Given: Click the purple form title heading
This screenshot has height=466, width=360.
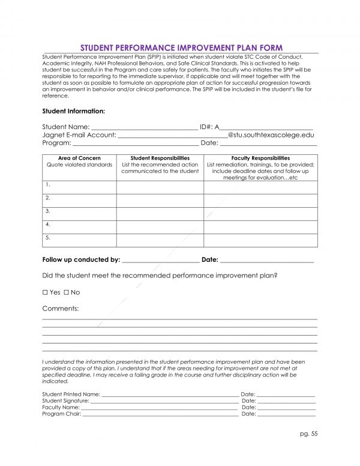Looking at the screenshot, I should point(179,47).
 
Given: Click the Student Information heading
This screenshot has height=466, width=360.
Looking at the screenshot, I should point(74,111).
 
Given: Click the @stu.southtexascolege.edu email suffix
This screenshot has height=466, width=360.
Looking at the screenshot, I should point(271,135).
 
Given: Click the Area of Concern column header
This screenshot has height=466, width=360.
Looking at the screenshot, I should point(79,158).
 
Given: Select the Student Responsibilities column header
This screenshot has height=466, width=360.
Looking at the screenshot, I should point(160,158).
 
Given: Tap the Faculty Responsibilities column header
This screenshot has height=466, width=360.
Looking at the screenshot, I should point(260,158).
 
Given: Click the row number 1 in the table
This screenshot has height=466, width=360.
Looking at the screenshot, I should point(47,184).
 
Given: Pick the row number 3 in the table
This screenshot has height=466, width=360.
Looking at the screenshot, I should point(47,211).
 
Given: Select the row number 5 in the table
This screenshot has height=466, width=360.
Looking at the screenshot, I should point(47,238).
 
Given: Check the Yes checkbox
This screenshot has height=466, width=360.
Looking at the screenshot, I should point(46,292).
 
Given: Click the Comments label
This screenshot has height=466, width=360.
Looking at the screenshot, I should point(61,308).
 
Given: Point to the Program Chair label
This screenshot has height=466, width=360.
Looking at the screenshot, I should point(61,414).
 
